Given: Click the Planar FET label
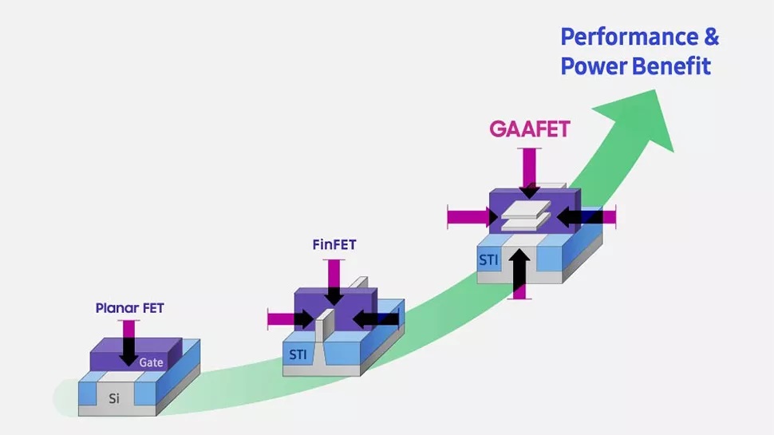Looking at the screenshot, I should coord(129,307).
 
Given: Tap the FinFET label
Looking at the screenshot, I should coord(334,244).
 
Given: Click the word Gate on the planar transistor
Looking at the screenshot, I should coord(151,362).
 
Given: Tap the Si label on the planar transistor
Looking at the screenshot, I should coord(114,397).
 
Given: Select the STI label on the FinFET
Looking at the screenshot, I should coord(298,354).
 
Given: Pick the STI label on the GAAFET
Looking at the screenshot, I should coord(488,259).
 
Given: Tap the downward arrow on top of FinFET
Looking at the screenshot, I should coord(334,283).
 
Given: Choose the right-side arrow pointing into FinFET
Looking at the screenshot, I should coord(375,319).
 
